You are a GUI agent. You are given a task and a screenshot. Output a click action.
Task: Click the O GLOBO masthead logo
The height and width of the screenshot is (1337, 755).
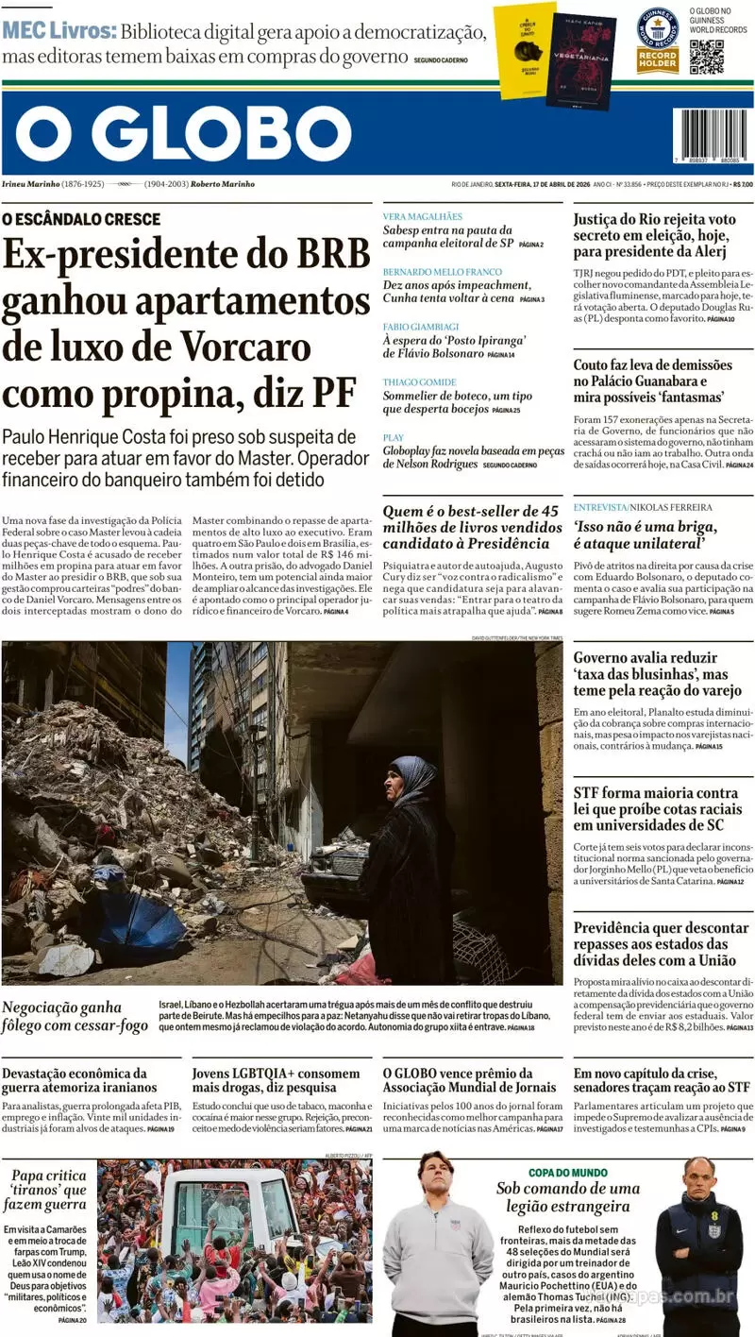point(184,133)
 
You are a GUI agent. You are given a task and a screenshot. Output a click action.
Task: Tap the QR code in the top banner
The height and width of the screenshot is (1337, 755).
point(706,57)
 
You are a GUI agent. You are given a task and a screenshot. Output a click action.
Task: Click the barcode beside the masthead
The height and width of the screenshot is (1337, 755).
point(712,133)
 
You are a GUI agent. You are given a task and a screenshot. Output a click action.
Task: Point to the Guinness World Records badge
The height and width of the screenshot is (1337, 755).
point(657,39)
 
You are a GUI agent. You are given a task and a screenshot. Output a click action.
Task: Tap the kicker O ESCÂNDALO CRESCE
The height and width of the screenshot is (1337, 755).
point(81,219)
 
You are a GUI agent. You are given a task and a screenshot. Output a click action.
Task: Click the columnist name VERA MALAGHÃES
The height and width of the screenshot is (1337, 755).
point(422,216)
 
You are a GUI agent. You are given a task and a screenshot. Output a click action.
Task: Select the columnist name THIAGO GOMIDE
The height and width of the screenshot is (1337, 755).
point(419,381)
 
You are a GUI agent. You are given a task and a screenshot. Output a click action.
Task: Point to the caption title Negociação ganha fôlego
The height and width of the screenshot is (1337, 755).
point(75,1016)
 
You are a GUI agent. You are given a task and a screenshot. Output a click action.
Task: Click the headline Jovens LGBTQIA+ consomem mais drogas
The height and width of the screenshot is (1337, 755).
point(276,1080)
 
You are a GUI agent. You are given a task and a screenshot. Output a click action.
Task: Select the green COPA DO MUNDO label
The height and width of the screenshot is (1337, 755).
point(567,1172)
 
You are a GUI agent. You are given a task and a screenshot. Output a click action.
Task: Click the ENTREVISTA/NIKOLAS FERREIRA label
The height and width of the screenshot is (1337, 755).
point(643,507)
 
